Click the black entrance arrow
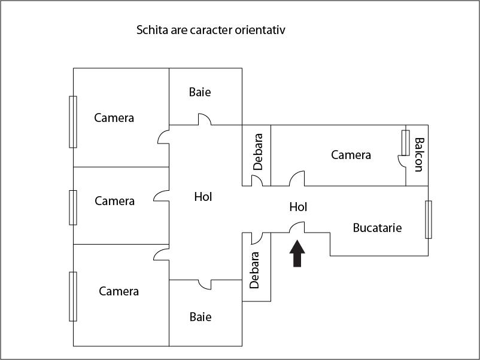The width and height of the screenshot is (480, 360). coord(297,253)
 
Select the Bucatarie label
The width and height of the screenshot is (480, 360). coord(377,228)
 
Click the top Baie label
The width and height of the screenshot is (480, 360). coord(200,92)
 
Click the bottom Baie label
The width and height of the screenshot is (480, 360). coord(200,317)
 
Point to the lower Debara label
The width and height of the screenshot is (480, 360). coord(255,270)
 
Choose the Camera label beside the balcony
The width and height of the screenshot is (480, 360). coord(351,155)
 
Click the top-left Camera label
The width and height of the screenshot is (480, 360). coord(114,118)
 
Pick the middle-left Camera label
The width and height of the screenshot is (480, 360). coord(114,201)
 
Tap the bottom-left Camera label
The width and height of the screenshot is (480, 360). coord(119,291)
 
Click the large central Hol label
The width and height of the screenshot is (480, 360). coord(203,196)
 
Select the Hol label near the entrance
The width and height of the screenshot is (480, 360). coord(298,207)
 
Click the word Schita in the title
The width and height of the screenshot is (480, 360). coord(153,29)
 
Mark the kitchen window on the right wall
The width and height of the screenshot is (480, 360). coord(429,219)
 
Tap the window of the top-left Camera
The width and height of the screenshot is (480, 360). coord(73,121)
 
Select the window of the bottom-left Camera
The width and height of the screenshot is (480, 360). coord(73,296)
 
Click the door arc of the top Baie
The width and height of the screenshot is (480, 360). coord(205,120)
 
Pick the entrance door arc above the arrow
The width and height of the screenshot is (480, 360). coord(298,227)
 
